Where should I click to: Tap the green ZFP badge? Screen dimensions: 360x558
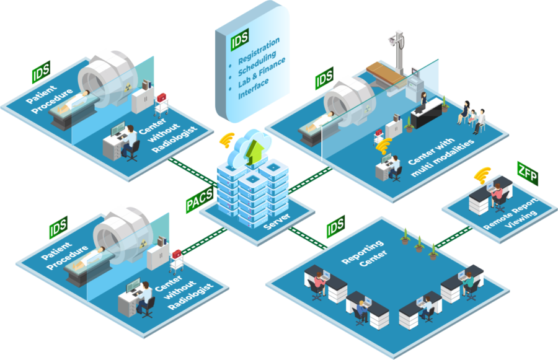(528, 172)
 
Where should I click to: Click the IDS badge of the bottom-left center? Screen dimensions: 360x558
(60, 227)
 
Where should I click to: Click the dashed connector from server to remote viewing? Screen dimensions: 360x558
(455, 237)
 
